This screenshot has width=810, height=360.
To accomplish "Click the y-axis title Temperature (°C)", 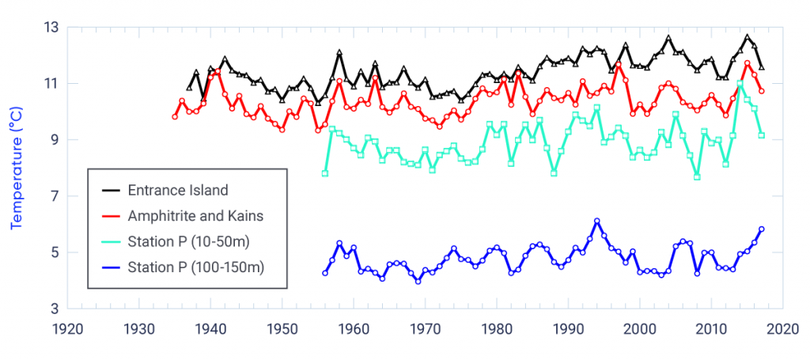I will (17, 168).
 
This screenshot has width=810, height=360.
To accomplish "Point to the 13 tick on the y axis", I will (51, 28).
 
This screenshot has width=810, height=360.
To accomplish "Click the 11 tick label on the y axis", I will (51, 84).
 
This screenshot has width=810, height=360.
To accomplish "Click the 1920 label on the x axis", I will (68, 327).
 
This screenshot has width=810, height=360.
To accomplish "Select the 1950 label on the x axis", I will (282, 327).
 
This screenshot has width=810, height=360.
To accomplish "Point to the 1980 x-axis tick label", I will (497, 327).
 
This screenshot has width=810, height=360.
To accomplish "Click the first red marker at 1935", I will (175, 116).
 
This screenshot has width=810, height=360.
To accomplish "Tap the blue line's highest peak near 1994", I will (596, 221).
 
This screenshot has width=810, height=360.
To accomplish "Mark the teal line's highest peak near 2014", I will (740, 83).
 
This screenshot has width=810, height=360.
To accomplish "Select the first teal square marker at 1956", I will (325, 173).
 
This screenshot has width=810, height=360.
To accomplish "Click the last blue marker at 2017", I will (762, 229).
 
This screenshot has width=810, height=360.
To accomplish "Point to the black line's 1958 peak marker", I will (339, 53).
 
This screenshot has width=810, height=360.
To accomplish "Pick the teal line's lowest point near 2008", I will (697, 176).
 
